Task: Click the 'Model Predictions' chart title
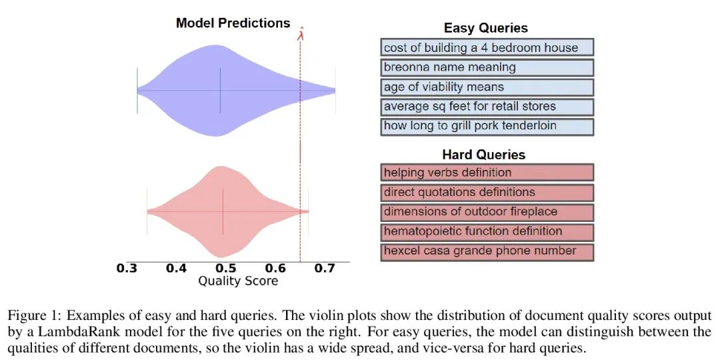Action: click(233, 23)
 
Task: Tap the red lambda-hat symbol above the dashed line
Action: click(300, 33)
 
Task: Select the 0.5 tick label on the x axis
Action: click(225, 268)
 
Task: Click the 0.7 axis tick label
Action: click(324, 268)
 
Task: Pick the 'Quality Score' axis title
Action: click(238, 281)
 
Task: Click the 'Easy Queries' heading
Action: click(486, 28)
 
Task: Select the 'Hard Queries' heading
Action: click(484, 154)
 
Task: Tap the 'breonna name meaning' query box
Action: click(487, 67)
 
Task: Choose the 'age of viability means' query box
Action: click(487, 87)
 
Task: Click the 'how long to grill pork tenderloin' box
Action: click(487, 127)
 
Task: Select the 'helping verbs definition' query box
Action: click(487, 173)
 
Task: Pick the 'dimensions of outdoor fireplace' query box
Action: click(487, 212)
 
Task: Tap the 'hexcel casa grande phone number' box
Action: click(487, 251)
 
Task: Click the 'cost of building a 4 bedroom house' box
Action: click(487, 48)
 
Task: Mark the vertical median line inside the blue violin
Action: click(221, 91)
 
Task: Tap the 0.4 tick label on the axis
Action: click(176, 268)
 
